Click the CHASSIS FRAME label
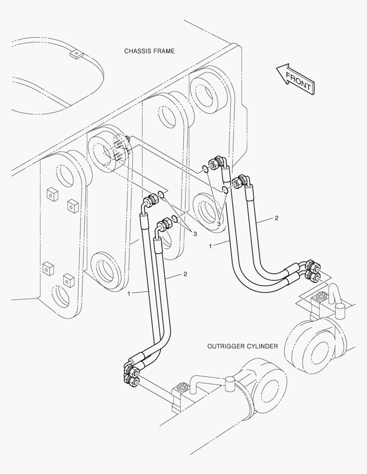click(x=149, y=51)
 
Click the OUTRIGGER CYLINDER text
click(x=242, y=346)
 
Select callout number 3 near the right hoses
click(x=218, y=224)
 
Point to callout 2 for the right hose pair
click(x=276, y=218)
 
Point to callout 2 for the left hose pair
click(x=185, y=274)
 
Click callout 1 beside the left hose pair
click(x=129, y=294)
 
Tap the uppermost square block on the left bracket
click(x=52, y=193)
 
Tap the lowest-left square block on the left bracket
click(x=47, y=268)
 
